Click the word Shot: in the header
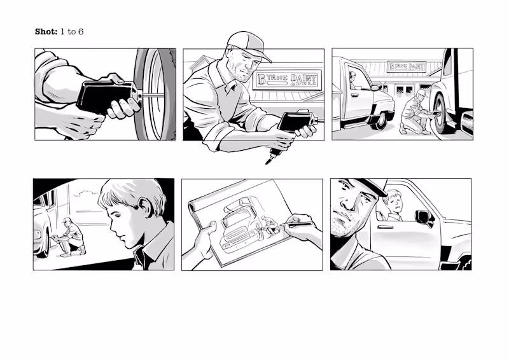pos(46,31)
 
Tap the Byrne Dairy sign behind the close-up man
pos(287,80)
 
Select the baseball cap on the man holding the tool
pos(248,44)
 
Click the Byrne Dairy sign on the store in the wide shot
pos(407,66)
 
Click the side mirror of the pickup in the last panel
pos(423,218)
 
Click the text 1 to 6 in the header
pos(72,31)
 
